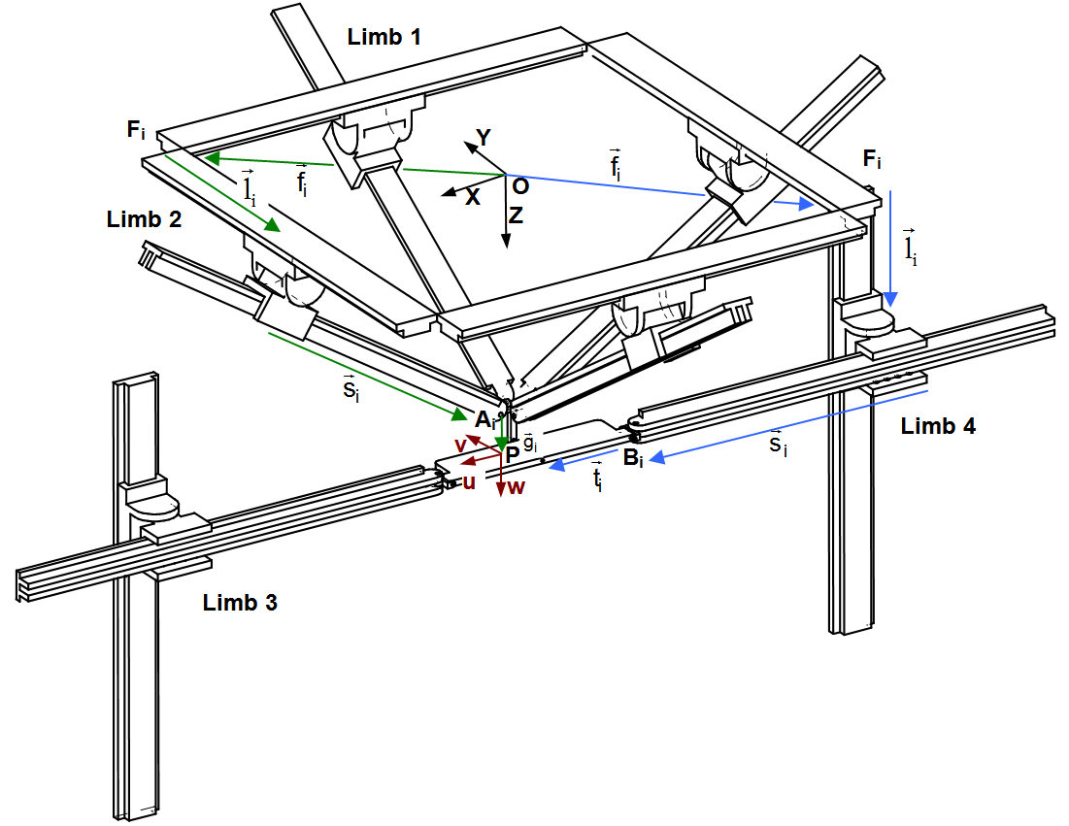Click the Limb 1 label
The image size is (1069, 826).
coord(384,38)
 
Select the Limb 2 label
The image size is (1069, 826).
coord(144,218)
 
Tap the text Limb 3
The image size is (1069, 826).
coord(240,603)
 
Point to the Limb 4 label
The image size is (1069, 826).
coord(938,425)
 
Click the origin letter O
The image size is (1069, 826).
coord(519,184)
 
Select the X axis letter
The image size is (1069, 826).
coord(473,197)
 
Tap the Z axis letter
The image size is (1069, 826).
coord(516,216)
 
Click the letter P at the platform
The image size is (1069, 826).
coord(512,453)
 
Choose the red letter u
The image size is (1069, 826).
coord(468,481)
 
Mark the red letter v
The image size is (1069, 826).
coord(461,444)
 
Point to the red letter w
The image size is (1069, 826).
coord(516,487)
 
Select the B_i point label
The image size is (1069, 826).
coord(633,458)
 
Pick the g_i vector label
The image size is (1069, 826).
coord(530,443)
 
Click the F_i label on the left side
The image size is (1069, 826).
coord(137,130)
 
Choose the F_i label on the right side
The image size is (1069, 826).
coord(872,159)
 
